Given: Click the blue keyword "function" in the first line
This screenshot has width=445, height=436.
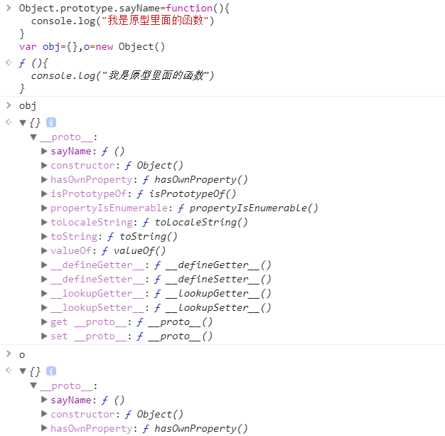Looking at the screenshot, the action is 189,7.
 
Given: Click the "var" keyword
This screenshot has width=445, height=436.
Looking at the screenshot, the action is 28,47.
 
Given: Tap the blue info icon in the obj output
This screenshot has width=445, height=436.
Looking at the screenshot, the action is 51,123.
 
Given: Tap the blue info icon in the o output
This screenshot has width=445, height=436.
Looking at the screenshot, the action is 51,371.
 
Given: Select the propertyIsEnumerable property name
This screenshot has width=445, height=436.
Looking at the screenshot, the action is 109,208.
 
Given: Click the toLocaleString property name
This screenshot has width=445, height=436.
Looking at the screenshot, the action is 91,222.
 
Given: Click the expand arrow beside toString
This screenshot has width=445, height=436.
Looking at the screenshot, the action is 44,236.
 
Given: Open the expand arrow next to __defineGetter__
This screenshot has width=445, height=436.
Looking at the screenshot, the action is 44,265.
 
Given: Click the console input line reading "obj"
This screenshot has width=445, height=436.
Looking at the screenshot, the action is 28,105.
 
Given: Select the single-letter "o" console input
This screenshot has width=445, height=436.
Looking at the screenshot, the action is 22,354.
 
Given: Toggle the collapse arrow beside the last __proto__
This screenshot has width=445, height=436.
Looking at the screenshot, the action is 33,386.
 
